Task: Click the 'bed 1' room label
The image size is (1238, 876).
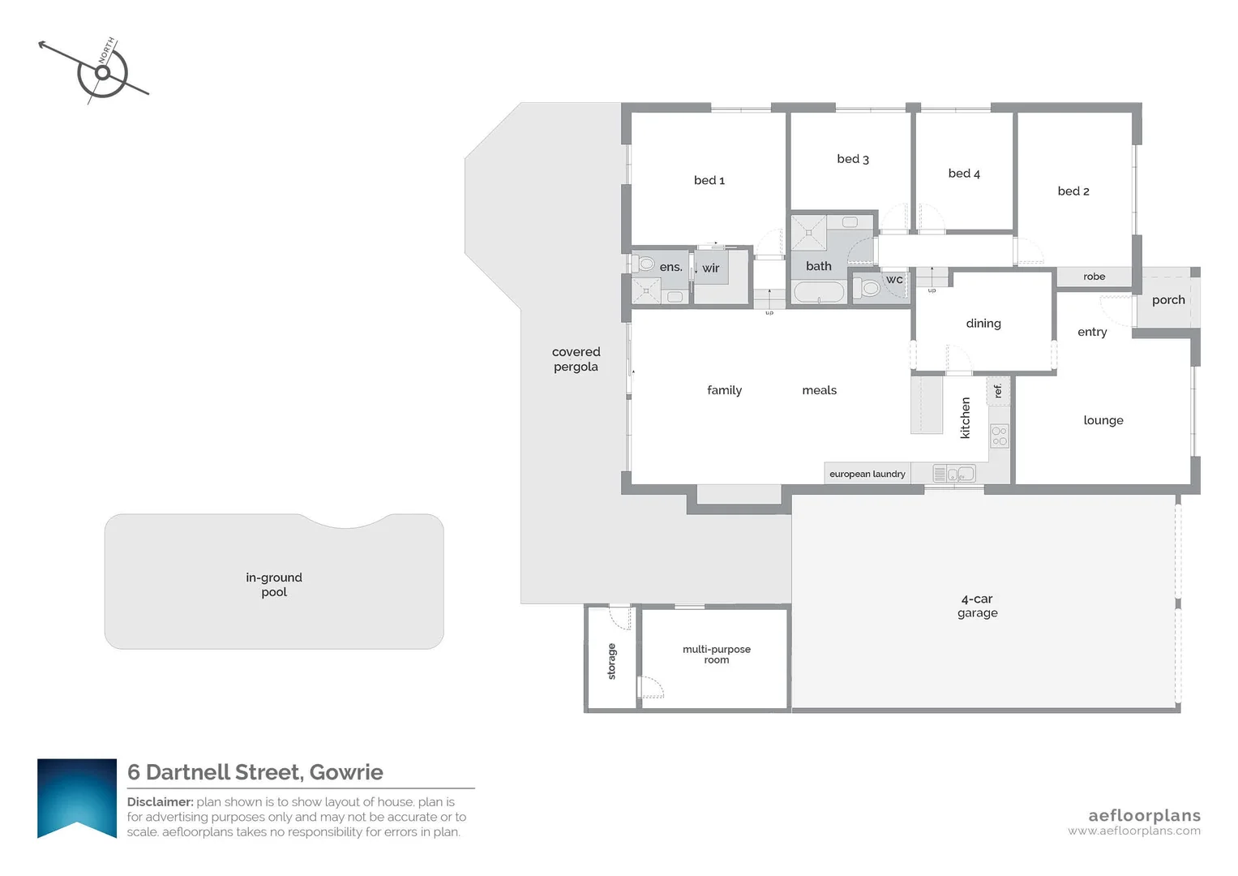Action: click(709, 180)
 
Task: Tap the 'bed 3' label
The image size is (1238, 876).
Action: click(853, 159)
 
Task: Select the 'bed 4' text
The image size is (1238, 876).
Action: click(964, 174)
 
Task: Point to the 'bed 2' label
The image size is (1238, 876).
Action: click(1073, 191)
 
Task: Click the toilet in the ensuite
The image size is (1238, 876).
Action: click(646, 264)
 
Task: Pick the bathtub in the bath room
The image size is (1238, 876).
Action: click(819, 292)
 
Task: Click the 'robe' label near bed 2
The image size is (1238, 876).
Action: click(1094, 277)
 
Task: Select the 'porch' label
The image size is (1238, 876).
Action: click(1168, 300)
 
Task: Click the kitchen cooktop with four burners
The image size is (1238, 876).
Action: click(1000, 436)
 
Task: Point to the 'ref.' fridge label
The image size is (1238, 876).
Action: click(998, 390)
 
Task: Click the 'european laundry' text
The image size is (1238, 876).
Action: click(867, 474)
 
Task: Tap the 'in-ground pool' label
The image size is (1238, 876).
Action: click(274, 585)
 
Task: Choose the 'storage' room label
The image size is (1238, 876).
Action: click(612, 661)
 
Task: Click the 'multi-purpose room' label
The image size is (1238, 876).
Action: click(717, 655)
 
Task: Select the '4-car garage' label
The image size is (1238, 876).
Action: click(977, 606)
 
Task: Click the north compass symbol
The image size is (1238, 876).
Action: click(103, 73)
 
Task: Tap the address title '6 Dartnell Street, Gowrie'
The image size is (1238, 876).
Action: click(255, 772)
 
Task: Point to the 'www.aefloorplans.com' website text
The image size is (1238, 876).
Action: click(1133, 831)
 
